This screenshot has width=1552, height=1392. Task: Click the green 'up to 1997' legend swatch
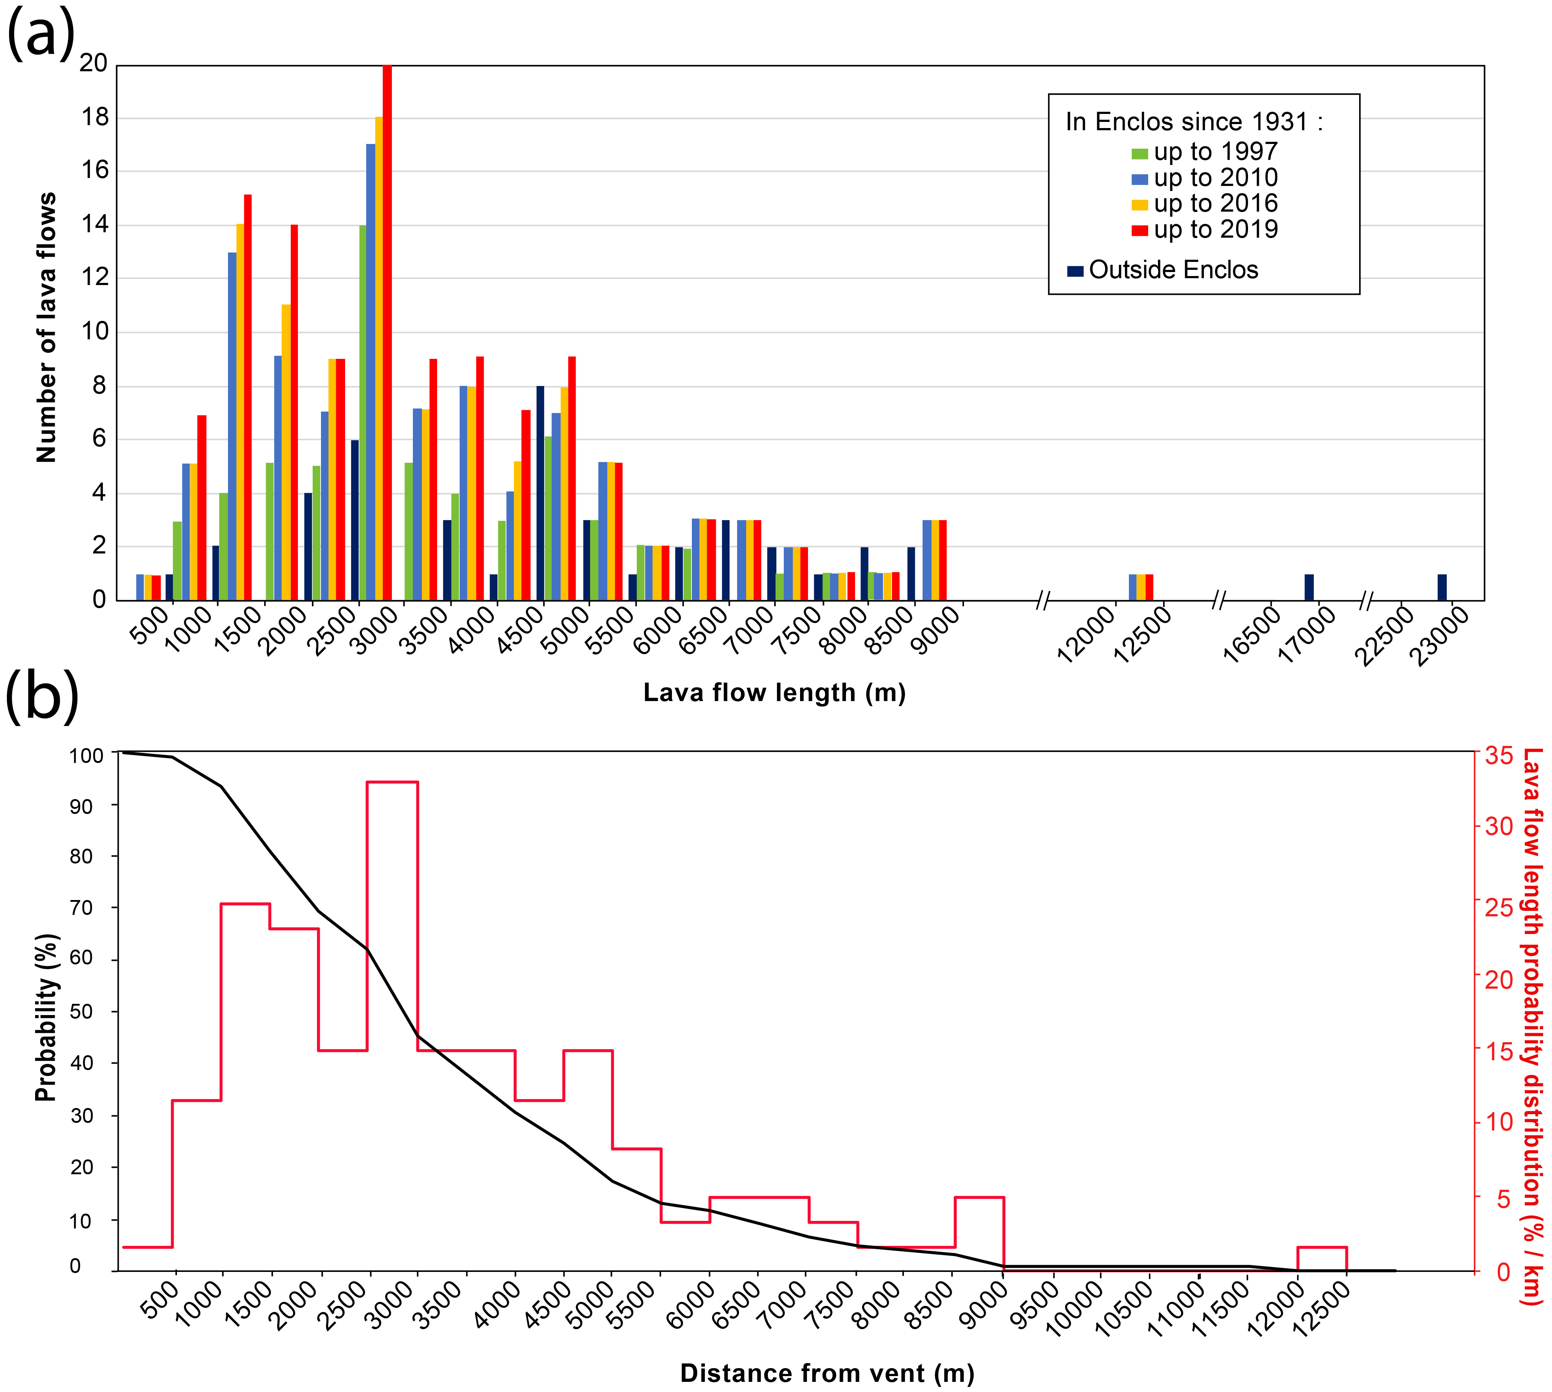click(1139, 153)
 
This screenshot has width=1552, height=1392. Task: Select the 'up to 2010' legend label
click(1215, 178)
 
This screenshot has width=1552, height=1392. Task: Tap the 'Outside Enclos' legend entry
click(1173, 270)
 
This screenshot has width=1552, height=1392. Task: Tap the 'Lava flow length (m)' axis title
click(774, 693)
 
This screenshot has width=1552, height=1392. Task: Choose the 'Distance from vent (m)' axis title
click(827, 1373)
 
